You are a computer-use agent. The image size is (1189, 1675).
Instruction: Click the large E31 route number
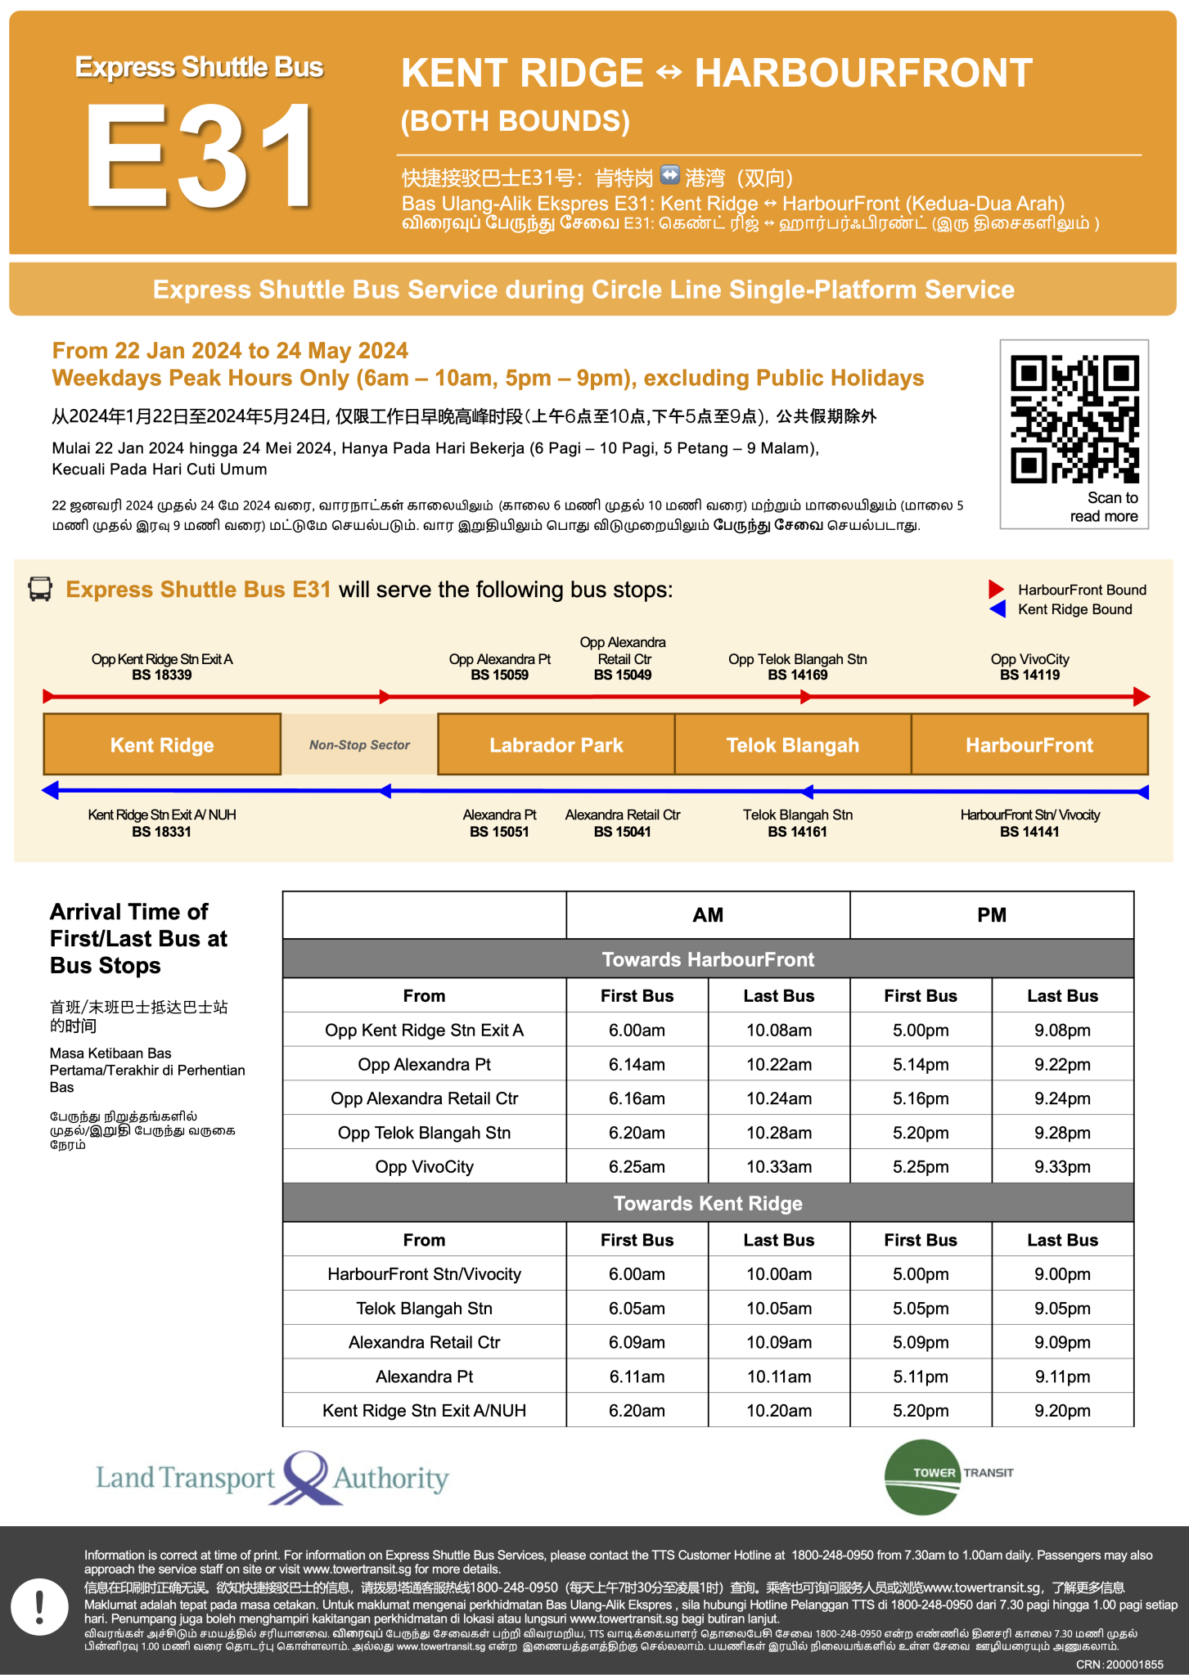tap(200, 155)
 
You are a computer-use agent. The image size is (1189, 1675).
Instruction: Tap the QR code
tap(1074, 418)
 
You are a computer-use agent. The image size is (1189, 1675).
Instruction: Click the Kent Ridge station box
tap(162, 744)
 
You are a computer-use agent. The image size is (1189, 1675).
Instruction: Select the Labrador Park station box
tap(556, 744)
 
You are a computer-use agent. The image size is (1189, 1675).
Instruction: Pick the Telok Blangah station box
tap(792, 744)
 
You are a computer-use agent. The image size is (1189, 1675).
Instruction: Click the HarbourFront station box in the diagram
tap(1029, 744)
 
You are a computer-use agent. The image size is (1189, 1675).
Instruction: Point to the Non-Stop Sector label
tap(359, 744)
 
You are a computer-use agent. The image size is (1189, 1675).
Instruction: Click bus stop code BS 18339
tap(162, 675)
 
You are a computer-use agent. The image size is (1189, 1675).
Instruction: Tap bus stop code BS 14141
tap(1029, 832)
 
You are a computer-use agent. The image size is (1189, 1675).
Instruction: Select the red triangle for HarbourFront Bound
tap(996, 589)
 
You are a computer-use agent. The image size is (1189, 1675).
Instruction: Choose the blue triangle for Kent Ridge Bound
tap(997, 609)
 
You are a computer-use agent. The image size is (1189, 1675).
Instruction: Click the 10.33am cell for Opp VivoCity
tap(778, 1166)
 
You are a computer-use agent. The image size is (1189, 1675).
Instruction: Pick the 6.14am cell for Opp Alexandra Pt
tap(637, 1064)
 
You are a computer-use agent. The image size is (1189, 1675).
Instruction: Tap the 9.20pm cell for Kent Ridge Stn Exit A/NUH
tap(1062, 1410)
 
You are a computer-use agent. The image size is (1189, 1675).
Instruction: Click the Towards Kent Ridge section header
tap(708, 1203)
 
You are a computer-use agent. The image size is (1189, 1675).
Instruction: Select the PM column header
tap(991, 915)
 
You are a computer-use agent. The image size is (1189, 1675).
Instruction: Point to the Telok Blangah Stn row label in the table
tap(424, 1308)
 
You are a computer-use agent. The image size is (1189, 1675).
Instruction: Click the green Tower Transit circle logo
tap(922, 1477)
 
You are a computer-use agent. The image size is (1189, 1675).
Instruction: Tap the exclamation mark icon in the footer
tap(39, 1607)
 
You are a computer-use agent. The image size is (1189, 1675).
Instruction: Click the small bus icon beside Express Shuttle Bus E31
tap(40, 589)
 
